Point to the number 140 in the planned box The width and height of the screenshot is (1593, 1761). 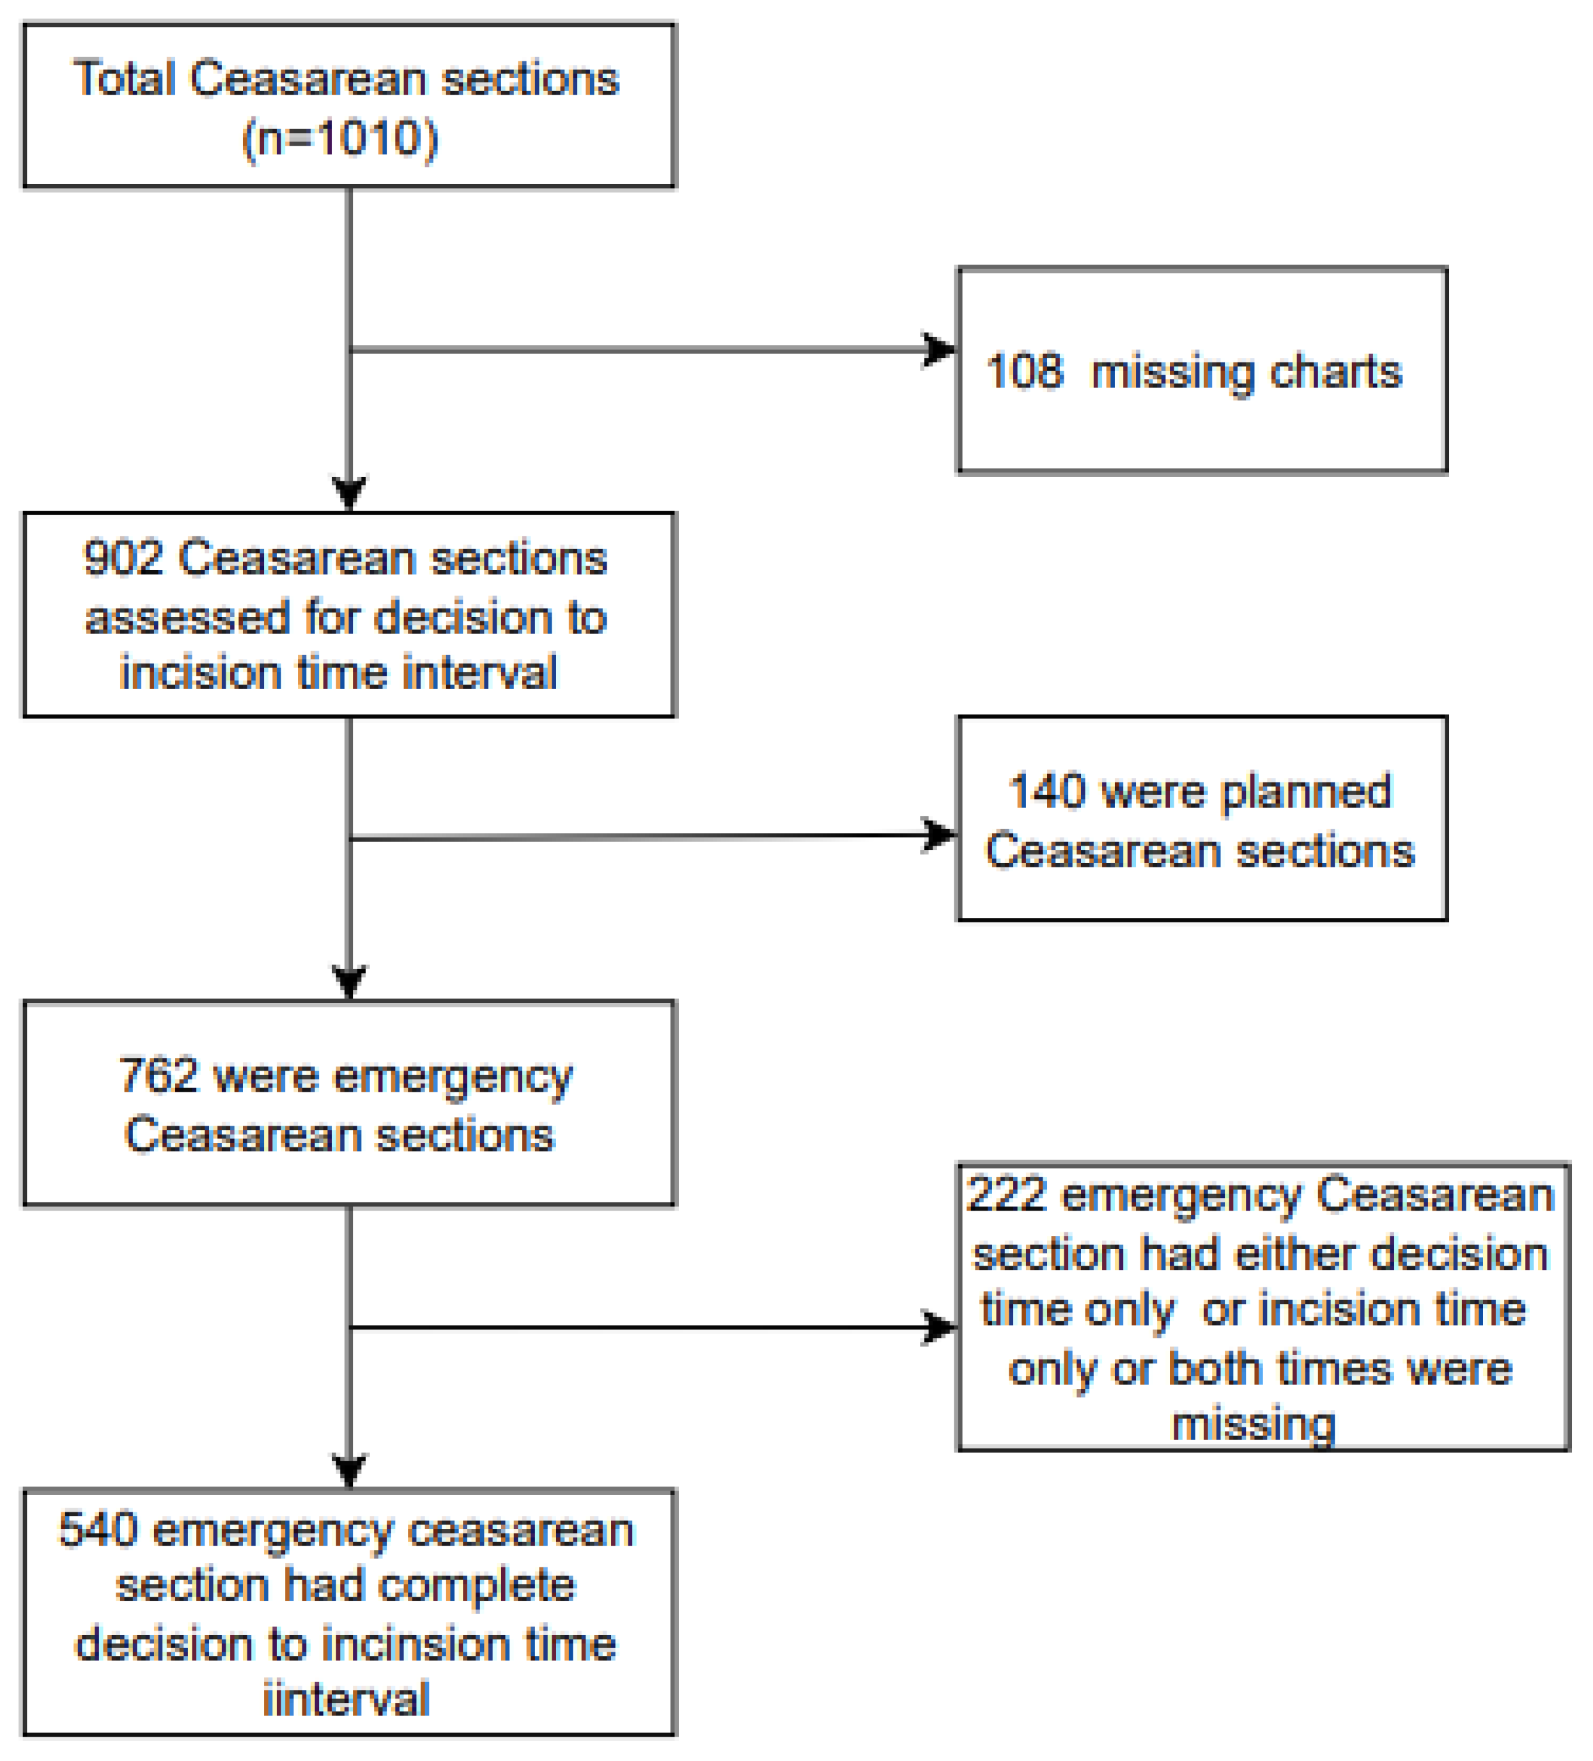click(1047, 791)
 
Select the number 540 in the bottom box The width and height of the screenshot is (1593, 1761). click(98, 1530)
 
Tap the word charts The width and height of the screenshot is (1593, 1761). click(1335, 372)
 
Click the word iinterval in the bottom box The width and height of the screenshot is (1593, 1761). click(346, 1699)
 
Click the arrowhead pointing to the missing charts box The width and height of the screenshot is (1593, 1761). click(940, 350)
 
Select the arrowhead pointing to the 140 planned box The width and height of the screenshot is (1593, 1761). click(940, 834)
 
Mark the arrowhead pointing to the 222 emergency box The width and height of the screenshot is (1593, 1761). click(940, 1328)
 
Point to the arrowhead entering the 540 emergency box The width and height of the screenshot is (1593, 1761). click(349, 1470)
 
